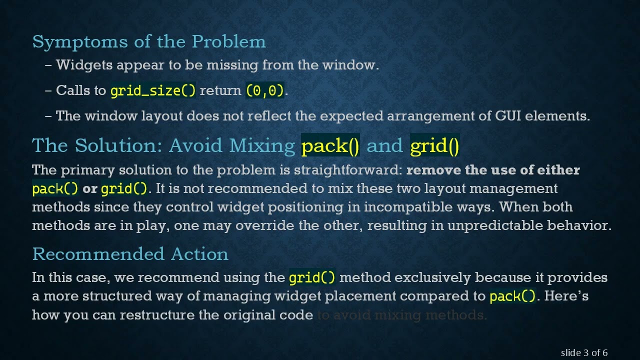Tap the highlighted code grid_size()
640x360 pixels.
(153, 90)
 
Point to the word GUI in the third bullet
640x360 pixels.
(508, 116)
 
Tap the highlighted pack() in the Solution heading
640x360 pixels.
(330, 145)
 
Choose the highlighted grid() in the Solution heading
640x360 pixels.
(434, 145)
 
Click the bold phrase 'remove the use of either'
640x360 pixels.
(493, 170)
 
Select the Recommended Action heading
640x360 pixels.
(130, 254)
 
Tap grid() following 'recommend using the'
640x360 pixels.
(312, 277)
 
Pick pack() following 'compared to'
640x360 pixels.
(512, 296)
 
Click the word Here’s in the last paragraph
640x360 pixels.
(566, 296)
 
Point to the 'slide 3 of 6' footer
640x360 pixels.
(584, 353)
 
